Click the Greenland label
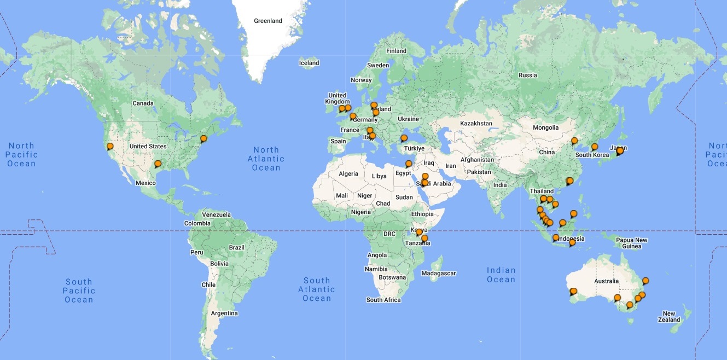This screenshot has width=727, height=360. [268, 21]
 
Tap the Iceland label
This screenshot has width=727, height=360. [309, 63]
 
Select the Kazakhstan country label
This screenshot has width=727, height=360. [476, 124]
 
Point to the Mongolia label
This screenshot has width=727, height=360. [545, 127]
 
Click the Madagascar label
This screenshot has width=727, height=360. [439, 273]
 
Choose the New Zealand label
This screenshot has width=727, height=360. [669, 317]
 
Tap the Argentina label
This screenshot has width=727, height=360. [225, 313]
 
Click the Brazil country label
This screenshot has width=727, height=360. [237, 247]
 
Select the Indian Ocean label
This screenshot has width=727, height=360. [501, 275]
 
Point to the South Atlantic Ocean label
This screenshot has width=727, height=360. [317, 289]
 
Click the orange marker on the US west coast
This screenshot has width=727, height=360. [110, 147]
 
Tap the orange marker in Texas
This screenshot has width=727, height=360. [158, 164]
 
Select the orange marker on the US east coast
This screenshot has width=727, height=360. [203, 139]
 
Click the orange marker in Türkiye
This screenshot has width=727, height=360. [404, 138]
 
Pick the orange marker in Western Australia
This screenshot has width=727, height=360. [573, 292]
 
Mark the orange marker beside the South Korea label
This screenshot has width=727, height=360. [595, 147]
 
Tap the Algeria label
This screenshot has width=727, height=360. [348, 174]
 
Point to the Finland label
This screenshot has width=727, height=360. [397, 51]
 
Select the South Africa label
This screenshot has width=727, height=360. [383, 300]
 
